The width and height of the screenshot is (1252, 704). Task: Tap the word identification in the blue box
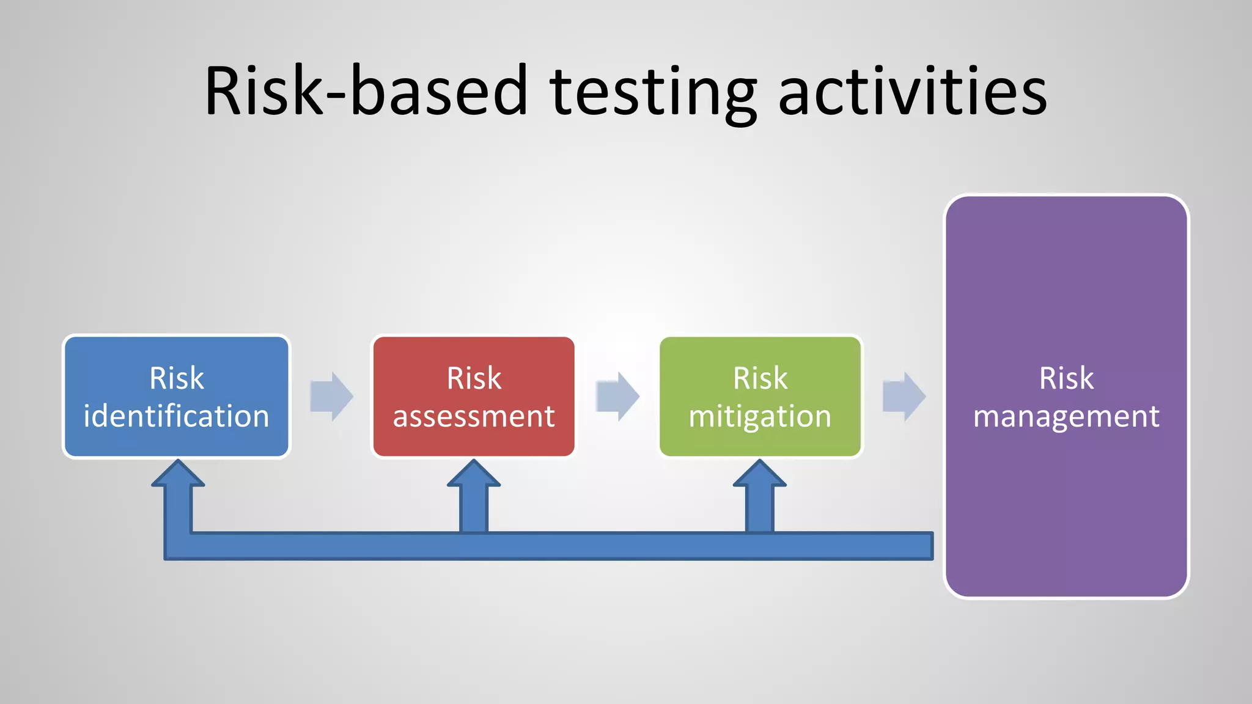click(x=176, y=416)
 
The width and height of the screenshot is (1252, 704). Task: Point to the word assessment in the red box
click(x=474, y=416)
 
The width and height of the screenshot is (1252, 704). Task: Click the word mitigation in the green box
click(x=760, y=416)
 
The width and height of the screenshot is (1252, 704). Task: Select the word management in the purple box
click(x=1066, y=416)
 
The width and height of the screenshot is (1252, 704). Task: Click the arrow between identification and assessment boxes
click(x=331, y=396)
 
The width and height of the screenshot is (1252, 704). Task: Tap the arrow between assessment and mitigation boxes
click(x=617, y=396)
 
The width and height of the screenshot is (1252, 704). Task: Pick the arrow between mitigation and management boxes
click(x=904, y=396)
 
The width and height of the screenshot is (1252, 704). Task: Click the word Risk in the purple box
click(x=1066, y=378)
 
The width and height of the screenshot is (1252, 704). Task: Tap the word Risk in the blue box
click(x=177, y=378)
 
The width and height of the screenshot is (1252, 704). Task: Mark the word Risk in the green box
click(x=760, y=378)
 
